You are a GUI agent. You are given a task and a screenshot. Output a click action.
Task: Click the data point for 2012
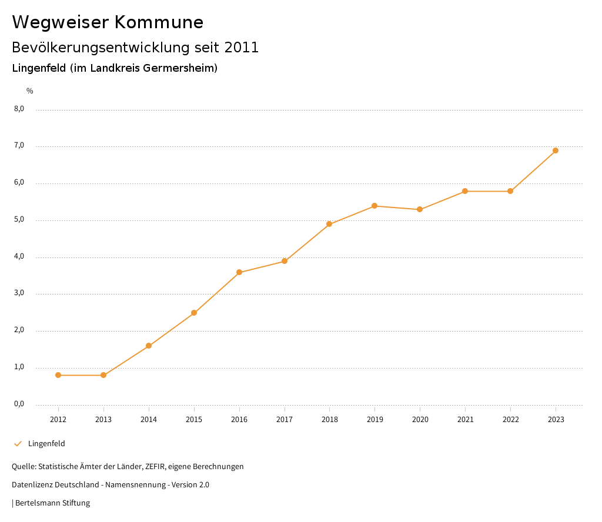[58, 375]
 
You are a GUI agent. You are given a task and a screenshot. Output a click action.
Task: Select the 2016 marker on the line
[239, 272]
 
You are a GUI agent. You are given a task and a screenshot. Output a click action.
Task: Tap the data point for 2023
[556, 150]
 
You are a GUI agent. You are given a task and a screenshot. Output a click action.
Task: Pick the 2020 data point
[420, 209]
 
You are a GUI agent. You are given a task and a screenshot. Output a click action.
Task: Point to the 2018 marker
[329, 224]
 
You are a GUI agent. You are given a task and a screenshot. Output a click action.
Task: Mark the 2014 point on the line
[149, 346]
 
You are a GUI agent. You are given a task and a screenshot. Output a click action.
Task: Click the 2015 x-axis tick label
[194, 419]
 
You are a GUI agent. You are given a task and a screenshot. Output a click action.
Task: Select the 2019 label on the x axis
[374, 419]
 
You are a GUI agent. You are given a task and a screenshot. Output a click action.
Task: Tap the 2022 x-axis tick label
[510, 419]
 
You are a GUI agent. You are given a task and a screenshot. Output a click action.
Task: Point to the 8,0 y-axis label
[19, 109]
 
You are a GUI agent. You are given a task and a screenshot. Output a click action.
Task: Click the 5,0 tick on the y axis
[19, 220]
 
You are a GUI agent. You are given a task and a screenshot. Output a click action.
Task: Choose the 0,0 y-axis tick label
[19, 404]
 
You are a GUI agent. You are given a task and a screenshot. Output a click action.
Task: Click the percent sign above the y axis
[30, 91]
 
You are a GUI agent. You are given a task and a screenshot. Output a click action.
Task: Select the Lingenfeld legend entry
[46, 444]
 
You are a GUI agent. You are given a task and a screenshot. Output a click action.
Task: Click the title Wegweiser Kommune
[108, 22]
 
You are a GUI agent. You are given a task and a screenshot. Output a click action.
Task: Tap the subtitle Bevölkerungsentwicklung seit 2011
[135, 48]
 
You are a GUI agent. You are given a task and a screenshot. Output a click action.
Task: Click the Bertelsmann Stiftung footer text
[52, 503]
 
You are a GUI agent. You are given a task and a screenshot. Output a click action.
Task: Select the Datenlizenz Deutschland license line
[111, 485]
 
